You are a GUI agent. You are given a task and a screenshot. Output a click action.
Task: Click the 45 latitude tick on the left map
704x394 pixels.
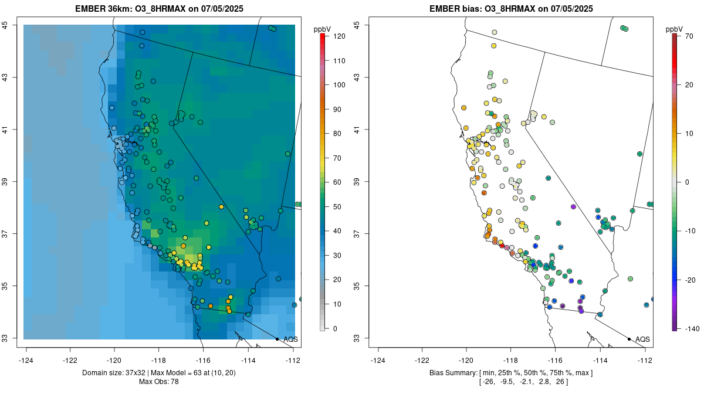12,25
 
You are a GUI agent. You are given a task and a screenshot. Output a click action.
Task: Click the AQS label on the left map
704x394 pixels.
290,339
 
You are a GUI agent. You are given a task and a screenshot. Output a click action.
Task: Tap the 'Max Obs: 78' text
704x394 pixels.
159,382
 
